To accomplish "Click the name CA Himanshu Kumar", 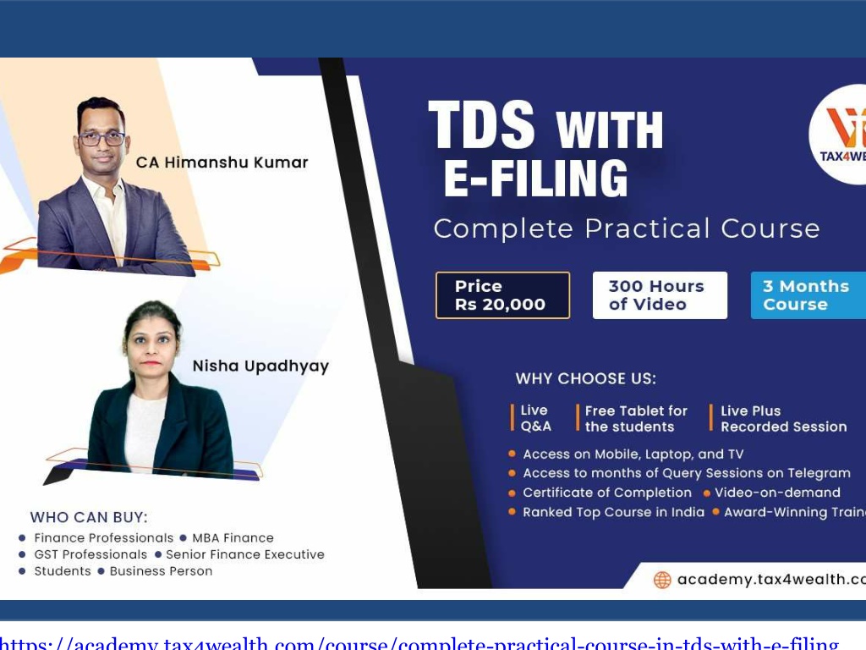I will pos(222,162).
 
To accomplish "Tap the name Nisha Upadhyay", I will pos(260,366).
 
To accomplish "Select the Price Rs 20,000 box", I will pos(502,295).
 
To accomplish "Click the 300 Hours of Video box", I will pos(659,295).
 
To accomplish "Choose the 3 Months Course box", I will pos(808,295).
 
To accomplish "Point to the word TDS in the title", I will pos(482,126).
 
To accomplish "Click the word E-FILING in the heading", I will pos(536,179).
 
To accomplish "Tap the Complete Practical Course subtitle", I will pos(627,229).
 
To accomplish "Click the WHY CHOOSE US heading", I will pos(585,378).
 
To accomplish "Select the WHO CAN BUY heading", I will pos(89,517).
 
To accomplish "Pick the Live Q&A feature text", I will pos(535,418).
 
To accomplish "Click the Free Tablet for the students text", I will pos(636,418).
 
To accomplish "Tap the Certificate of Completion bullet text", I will pos(606,493).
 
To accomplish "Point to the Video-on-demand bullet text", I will pos(777,493).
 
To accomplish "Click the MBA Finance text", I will pos(233,537).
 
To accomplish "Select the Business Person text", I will pos(161,571).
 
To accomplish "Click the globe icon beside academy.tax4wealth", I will pos(662,580).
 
